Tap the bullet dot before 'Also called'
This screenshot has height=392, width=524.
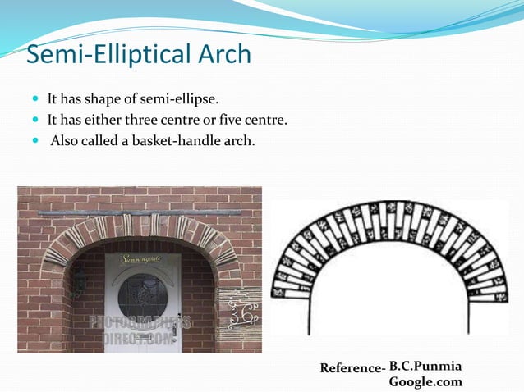35,141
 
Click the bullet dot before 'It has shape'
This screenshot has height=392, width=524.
35,100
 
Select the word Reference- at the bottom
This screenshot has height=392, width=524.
352,368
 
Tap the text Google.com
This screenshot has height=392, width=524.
425,381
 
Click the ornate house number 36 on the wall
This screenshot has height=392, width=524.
244,312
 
